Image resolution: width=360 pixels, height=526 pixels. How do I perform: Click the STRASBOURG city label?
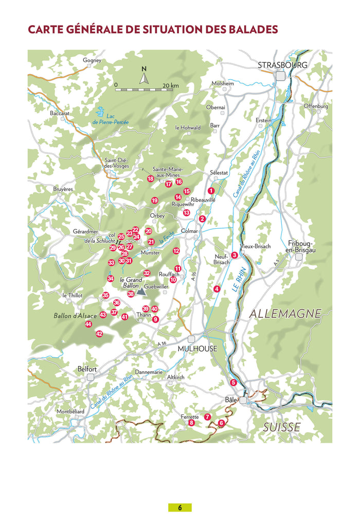click(282, 65)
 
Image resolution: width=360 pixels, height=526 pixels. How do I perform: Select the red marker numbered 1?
click(211, 191)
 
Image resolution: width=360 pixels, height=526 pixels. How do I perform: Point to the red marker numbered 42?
click(99, 334)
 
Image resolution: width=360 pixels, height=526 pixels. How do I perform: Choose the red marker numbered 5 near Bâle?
click(233, 382)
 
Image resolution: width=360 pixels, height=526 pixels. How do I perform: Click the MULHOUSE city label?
click(197, 349)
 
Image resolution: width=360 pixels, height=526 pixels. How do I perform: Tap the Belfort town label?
click(87, 369)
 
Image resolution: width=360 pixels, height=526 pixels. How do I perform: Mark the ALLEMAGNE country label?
click(285, 313)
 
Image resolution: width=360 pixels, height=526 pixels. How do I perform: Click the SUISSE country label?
click(281, 427)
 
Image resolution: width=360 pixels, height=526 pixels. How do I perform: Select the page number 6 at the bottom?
click(180, 507)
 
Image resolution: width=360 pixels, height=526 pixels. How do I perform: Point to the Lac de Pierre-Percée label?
click(111, 119)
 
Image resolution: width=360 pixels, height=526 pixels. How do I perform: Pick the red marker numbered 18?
click(151, 178)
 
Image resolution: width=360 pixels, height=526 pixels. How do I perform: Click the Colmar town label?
click(189, 231)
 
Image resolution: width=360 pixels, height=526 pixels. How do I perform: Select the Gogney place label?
click(92, 60)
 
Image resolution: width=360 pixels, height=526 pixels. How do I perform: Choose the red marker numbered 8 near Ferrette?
click(191, 423)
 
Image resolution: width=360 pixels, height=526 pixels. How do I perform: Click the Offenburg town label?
click(315, 106)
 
